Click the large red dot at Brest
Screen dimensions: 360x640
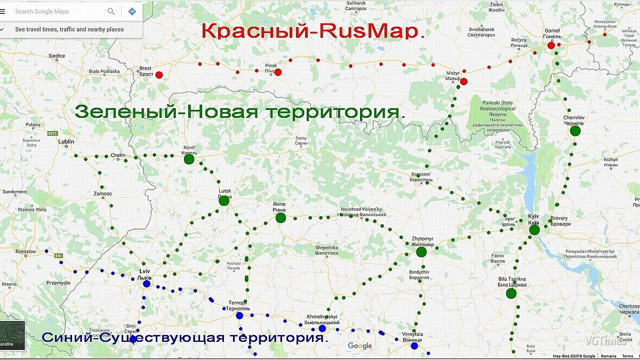click(159, 75)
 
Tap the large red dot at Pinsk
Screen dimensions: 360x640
click(278, 72)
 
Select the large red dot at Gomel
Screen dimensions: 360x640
click(551, 45)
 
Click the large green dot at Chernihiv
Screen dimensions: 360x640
click(575, 131)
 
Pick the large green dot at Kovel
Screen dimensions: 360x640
click(189, 159)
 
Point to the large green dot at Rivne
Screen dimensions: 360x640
click(281, 218)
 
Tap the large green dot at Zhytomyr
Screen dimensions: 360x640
click(421, 252)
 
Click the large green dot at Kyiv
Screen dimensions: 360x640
click(534, 230)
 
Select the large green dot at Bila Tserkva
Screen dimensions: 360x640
click(511, 293)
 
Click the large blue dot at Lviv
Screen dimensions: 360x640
click(146, 284)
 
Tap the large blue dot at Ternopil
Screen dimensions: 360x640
click(239, 315)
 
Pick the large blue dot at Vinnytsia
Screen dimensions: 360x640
click(414, 346)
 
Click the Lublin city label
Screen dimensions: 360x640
click(66, 141)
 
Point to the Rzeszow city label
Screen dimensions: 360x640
click(25, 251)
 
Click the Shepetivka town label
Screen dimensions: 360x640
click(327, 250)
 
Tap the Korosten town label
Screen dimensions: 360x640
click(421, 177)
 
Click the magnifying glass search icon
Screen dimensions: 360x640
click(111, 11)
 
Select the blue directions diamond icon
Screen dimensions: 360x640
click(132, 11)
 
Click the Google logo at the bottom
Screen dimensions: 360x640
click(360, 346)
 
